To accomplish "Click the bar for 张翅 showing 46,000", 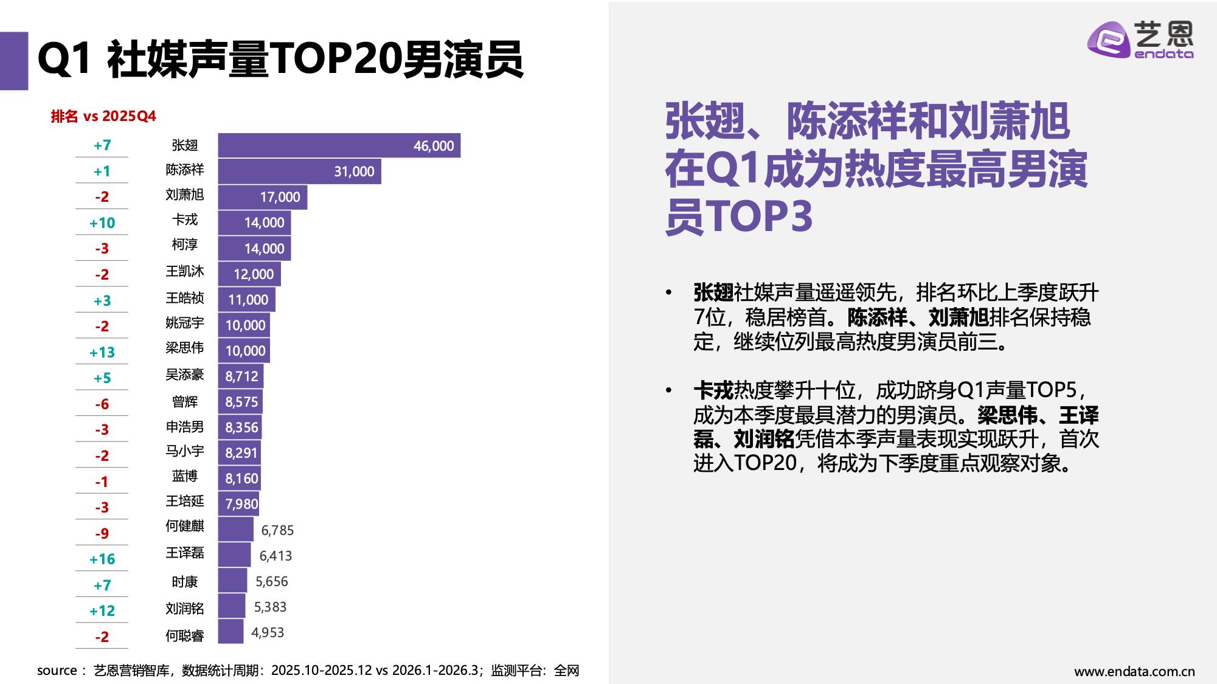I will tap(339, 145).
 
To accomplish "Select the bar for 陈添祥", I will tap(299, 171).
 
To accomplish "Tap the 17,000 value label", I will tap(280, 197).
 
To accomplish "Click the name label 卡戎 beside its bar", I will tap(184, 220).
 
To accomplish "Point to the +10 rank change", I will tap(102, 223).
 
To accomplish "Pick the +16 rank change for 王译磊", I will tap(102, 559).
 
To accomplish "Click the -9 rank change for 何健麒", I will tap(102, 534).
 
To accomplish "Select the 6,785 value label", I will tap(277, 530).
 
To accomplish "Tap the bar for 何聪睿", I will tap(231, 632).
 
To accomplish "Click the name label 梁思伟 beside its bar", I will tap(184, 348).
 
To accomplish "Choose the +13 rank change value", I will tap(102, 353).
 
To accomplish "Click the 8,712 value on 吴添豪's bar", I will tap(241, 376).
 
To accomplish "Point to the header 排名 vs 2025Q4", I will tap(103, 116).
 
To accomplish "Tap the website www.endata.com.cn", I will tap(1134, 672).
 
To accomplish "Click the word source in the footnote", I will tap(56, 671).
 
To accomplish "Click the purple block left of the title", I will tap(13, 61).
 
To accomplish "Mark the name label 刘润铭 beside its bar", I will tap(184, 609).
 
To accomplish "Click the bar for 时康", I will tap(232, 581).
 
